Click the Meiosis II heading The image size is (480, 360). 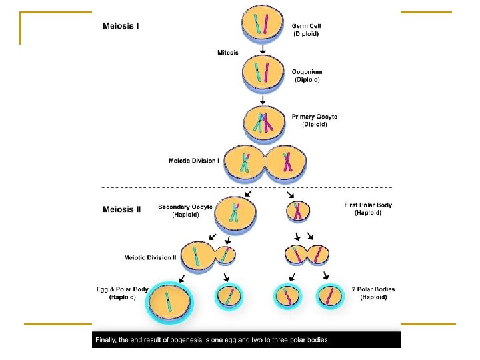[x=122, y=209]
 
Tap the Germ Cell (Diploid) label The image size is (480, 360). [x=307, y=30]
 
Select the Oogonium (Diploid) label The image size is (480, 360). [x=307, y=75]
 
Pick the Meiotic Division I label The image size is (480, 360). [x=193, y=160]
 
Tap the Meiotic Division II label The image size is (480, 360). [x=150, y=257]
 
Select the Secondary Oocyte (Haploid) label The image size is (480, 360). [x=185, y=211]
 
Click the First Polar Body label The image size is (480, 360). [x=368, y=209]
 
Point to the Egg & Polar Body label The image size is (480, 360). [x=123, y=293]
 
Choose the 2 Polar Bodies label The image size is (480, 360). [x=373, y=293]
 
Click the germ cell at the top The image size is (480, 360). [x=262, y=23]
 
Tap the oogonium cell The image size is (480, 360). [x=262, y=71]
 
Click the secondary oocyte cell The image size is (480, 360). [x=233, y=213]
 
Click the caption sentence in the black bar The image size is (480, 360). [x=213, y=340]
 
